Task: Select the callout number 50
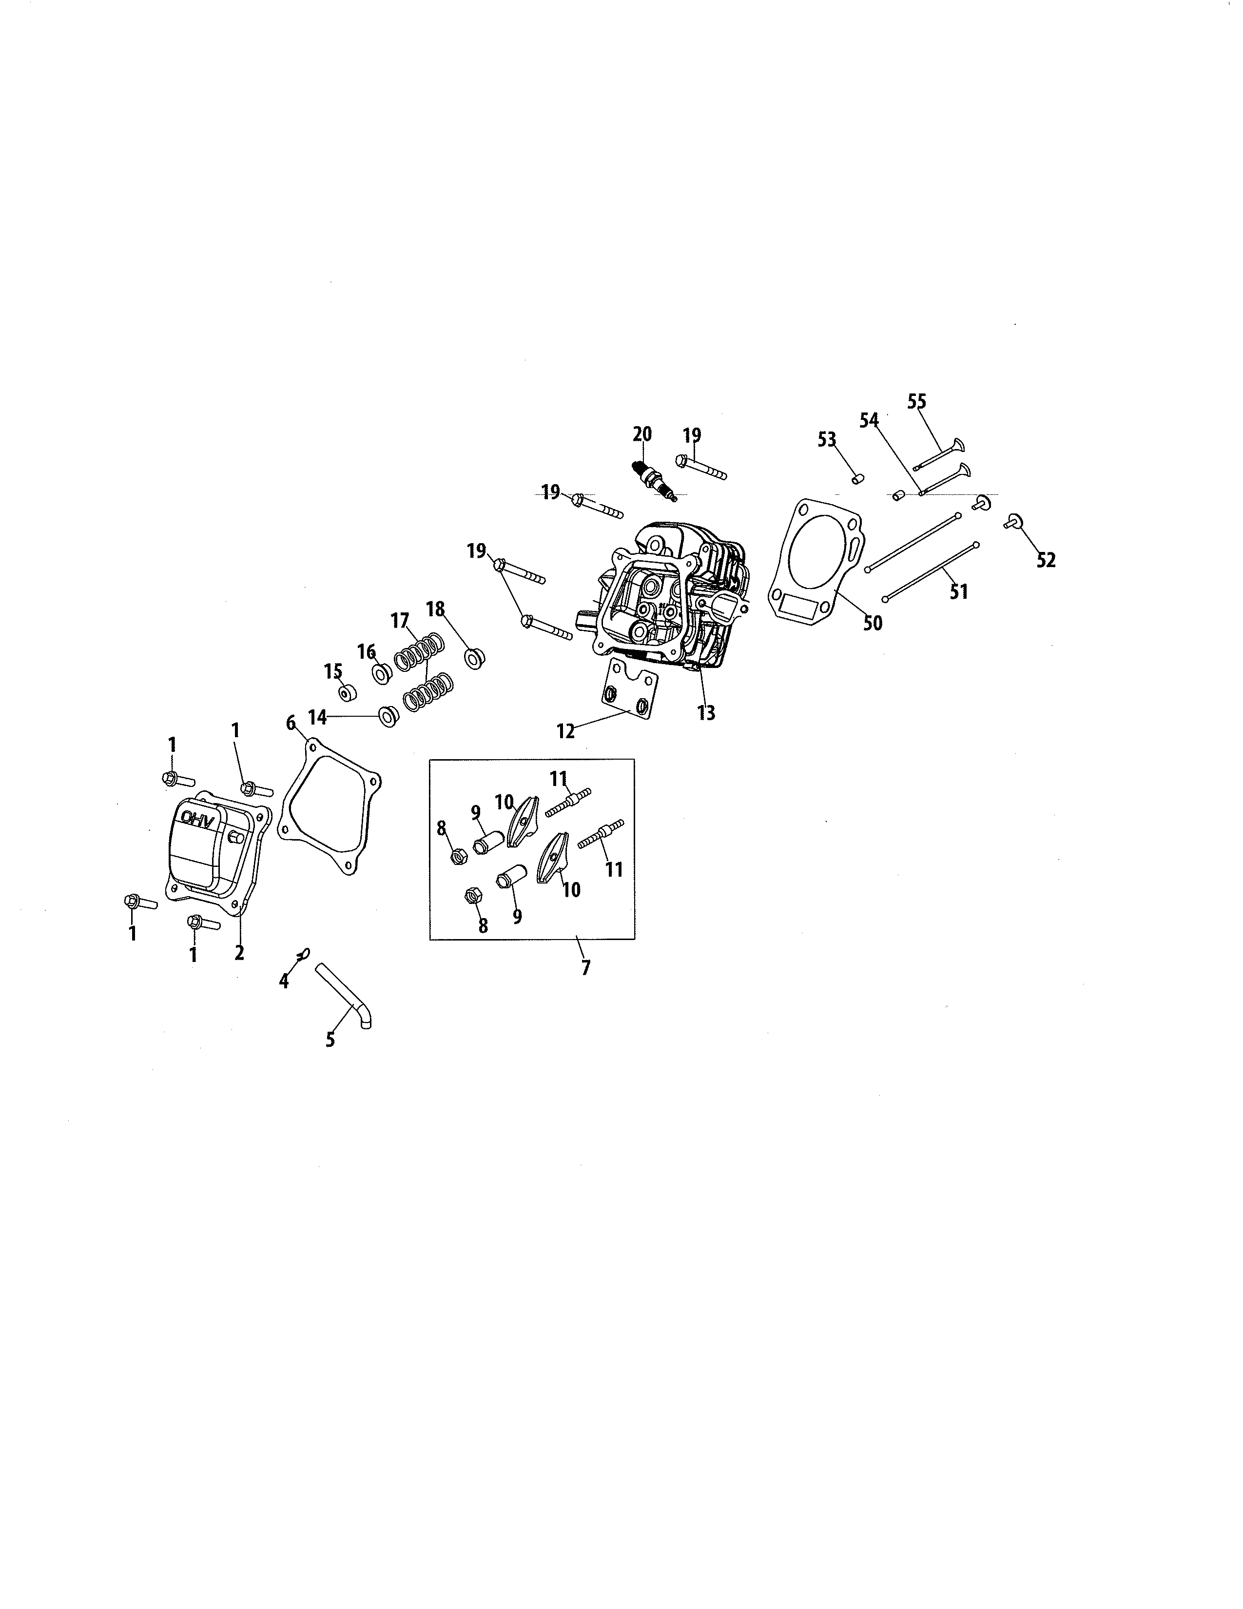(x=872, y=623)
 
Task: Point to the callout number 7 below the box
(x=585, y=967)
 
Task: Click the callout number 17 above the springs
(x=399, y=621)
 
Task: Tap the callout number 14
(x=317, y=717)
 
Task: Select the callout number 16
(x=367, y=651)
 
